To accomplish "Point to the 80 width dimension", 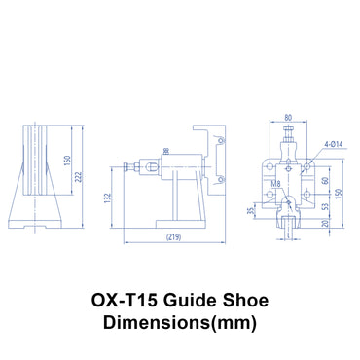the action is [288, 120].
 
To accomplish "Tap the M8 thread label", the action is [276, 181].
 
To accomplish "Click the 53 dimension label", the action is [325, 206].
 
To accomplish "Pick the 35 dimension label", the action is [250, 209].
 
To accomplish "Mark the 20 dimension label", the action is [325, 224].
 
